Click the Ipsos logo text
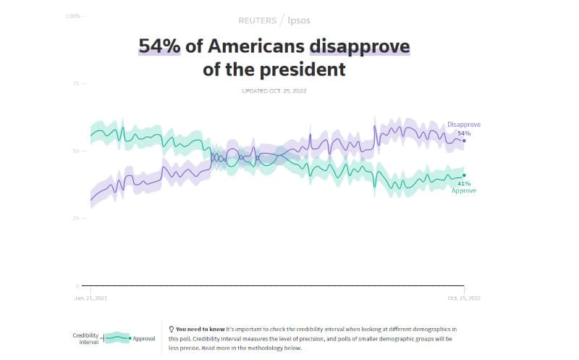(x=300, y=21)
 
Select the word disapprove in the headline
(x=359, y=46)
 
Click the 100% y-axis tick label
(x=72, y=15)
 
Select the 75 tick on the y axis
(x=76, y=83)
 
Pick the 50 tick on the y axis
(x=76, y=151)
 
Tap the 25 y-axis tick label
(x=76, y=218)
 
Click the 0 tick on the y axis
(x=77, y=285)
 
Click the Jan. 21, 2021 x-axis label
(x=90, y=298)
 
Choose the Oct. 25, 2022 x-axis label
(x=463, y=298)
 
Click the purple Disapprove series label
(x=463, y=125)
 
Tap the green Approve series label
(x=463, y=190)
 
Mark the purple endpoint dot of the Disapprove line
(x=464, y=141)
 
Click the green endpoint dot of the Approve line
(x=464, y=175)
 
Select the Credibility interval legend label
(x=85, y=338)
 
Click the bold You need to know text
(x=199, y=329)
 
